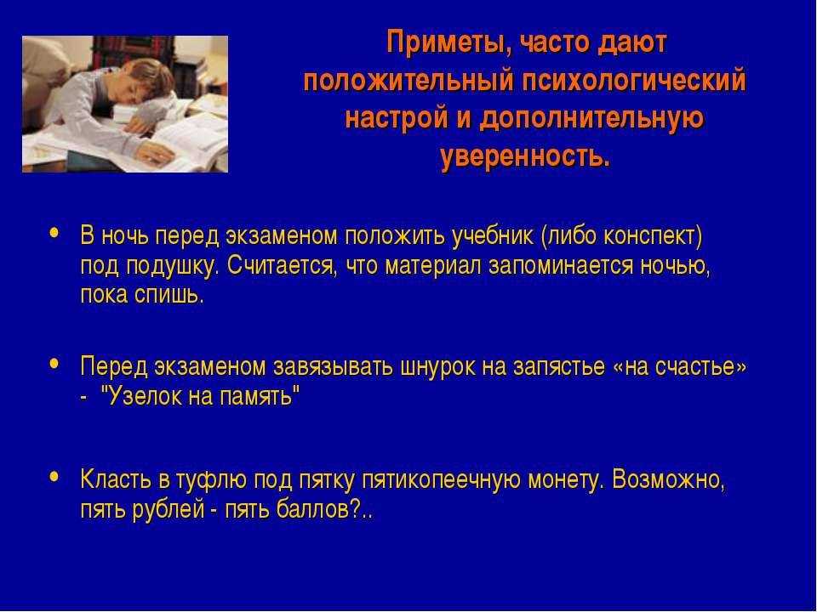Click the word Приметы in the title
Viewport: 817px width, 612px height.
450,42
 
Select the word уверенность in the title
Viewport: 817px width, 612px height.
525,156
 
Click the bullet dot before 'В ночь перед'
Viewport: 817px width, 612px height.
54,233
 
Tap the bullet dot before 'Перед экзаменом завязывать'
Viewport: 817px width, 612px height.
54,363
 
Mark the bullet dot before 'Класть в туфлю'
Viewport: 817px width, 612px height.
54,476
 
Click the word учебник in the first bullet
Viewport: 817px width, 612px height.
493,237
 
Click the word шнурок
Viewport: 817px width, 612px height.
437,367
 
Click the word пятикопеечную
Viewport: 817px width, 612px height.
441,480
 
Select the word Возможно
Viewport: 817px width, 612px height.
669,479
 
